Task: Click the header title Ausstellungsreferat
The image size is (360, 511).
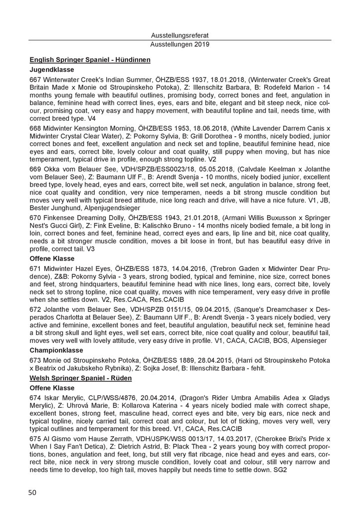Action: click(180, 36)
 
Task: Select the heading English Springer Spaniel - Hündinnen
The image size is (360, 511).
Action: click(90, 59)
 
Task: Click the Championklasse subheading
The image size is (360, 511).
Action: click(57, 350)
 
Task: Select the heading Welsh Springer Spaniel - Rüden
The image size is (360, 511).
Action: click(80, 379)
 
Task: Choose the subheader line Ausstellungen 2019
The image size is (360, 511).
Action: click(180, 44)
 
